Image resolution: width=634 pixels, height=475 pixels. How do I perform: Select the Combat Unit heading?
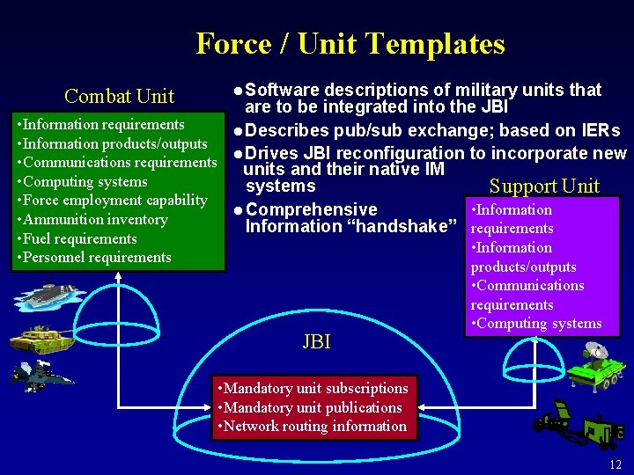click(120, 96)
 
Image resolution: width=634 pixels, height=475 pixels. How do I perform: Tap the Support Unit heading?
click(543, 186)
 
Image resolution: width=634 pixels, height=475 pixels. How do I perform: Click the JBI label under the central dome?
click(316, 341)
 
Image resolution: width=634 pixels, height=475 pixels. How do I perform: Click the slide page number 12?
click(615, 464)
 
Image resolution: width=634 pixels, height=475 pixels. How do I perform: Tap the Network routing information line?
click(313, 426)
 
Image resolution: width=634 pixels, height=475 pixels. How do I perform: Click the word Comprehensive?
click(312, 209)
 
